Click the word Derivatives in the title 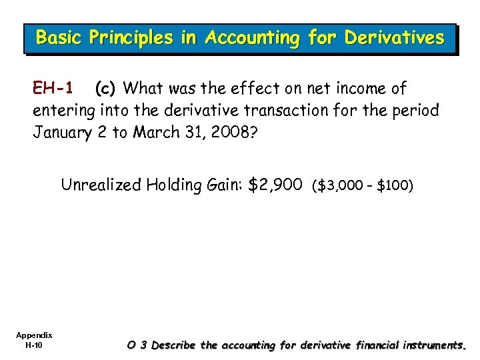click(x=393, y=38)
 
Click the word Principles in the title click(x=135, y=38)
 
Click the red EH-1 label click(x=53, y=87)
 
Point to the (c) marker click(x=107, y=87)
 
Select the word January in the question click(x=61, y=132)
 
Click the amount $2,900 click(x=275, y=184)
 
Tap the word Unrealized click(x=101, y=184)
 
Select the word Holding click(x=175, y=185)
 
